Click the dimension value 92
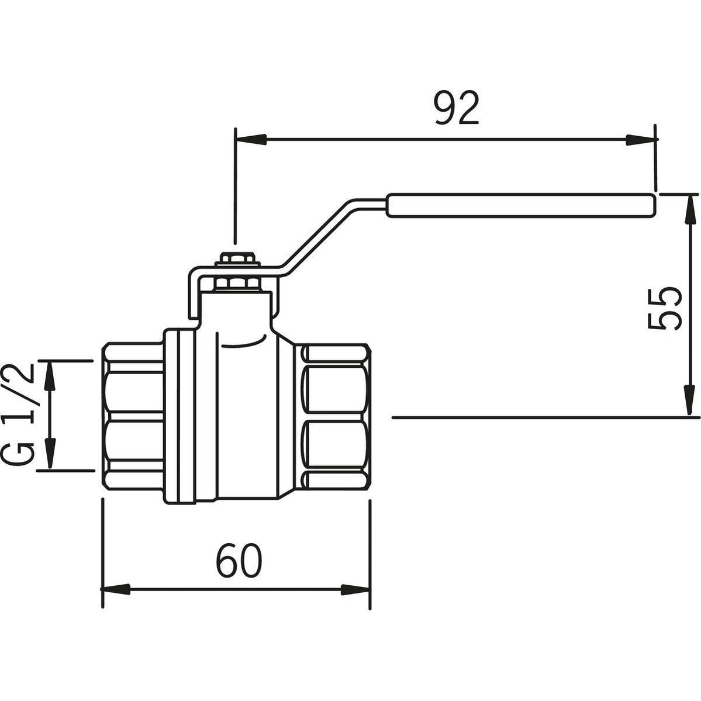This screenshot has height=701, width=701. click(457, 108)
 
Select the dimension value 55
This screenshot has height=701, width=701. click(664, 309)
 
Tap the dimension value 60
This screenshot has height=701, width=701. click(239, 561)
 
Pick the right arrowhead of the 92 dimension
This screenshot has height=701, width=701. click(641, 140)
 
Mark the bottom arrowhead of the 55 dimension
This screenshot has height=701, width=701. click(690, 401)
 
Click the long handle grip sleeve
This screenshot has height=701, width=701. click(522, 206)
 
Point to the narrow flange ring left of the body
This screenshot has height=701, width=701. click(179, 417)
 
